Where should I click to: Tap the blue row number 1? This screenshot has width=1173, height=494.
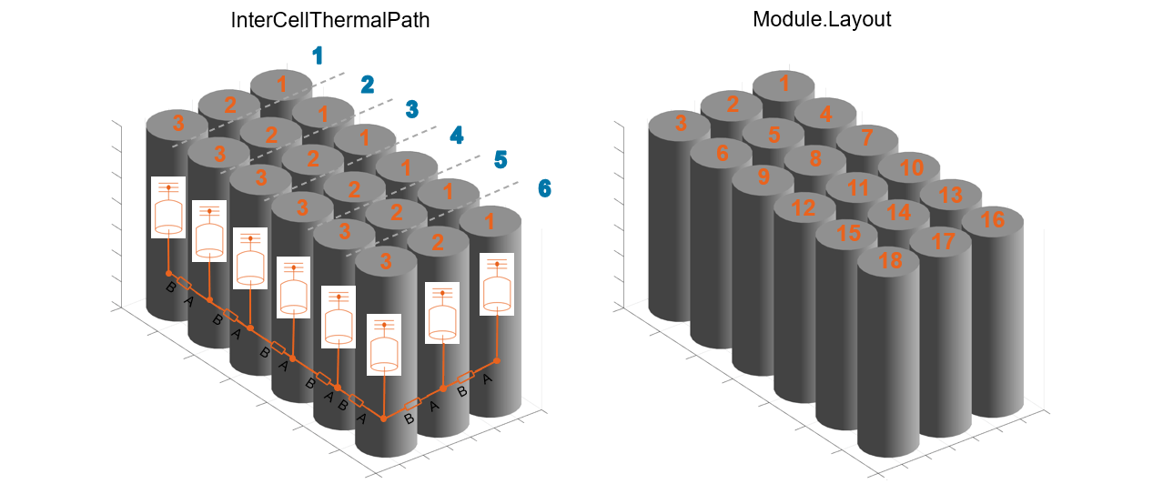[317, 56]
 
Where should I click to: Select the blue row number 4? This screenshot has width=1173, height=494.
[456, 136]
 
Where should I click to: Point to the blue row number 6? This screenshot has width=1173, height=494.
[544, 188]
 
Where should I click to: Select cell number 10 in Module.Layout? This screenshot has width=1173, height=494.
[911, 167]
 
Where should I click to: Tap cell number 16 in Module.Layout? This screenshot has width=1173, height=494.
[993, 220]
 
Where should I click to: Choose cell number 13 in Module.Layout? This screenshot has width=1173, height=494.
[950, 194]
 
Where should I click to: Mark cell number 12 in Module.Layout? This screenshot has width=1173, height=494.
[804, 207]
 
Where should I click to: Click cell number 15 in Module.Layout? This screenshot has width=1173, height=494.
[847, 233]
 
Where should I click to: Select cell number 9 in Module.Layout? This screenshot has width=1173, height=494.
[763, 176]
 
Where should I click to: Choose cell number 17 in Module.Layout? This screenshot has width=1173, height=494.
[943, 242]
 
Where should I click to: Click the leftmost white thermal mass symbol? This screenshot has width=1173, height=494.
[168, 207]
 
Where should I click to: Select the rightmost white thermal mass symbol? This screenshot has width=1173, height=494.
[497, 284]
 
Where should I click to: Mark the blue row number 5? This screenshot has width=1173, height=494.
[501, 161]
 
